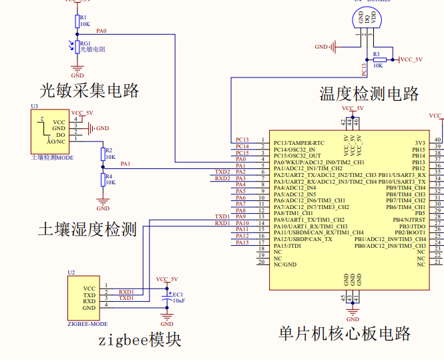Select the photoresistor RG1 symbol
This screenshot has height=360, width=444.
(x=77, y=47)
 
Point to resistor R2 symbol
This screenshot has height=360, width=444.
(x=103, y=154)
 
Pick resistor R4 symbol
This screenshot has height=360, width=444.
(x=103, y=179)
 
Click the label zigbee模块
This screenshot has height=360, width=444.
(x=140, y=340)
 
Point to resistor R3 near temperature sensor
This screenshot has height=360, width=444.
(x=379, y=59)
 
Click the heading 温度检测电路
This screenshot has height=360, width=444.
(x=369, y=93)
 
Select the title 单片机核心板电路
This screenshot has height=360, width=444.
(x=345, y=333)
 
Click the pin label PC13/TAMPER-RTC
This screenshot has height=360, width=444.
(x=299, y=143)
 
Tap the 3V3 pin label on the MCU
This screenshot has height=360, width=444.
(x=419, y=143)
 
